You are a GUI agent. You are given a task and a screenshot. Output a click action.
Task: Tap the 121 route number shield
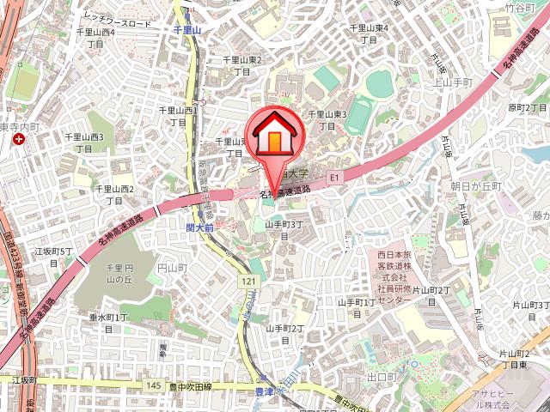click(x=249, y=282)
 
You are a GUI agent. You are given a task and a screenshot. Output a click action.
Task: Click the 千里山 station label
click(x=186, y=29)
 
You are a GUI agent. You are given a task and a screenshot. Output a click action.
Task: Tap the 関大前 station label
click(x=199, y=227)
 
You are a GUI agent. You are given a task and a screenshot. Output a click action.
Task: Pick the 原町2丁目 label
click(x=527, y=108)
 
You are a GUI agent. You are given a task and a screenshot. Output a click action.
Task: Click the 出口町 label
click(x=380, y=377)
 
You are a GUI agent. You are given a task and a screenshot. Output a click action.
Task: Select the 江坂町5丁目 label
click(x=53, y=257)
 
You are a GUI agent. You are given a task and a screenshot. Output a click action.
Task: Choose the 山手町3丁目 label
click(x=284, y=230)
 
